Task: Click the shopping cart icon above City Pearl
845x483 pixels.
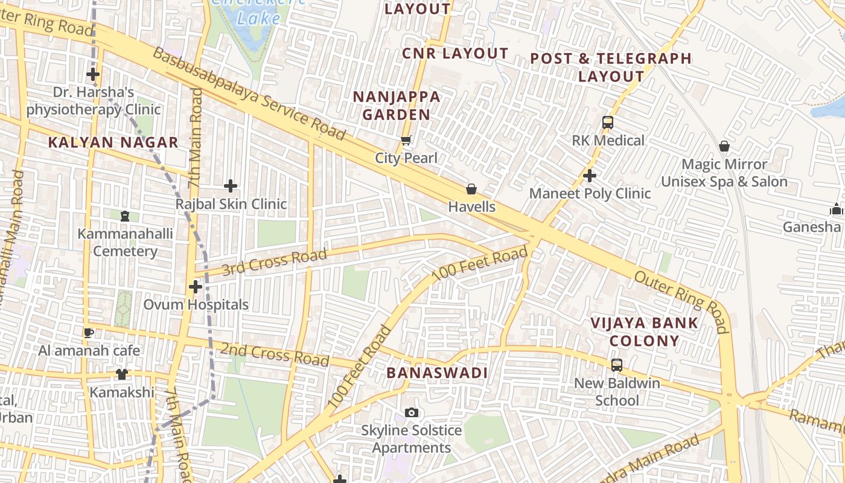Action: [406, 141]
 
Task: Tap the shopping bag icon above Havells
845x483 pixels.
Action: [471, 189]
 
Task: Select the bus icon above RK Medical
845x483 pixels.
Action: [608, 123]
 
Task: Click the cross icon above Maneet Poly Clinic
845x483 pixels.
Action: [590, 176]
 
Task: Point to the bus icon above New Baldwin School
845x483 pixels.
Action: [616, 365]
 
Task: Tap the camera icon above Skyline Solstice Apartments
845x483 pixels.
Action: [412, 413]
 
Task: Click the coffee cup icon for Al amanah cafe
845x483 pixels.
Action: [89, 333]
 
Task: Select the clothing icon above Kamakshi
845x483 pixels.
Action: [122, 374]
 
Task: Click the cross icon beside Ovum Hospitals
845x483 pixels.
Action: [195, 287]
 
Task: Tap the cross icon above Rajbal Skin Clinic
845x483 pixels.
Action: [231, 186]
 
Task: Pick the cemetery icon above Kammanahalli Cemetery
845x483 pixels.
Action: [125, 216]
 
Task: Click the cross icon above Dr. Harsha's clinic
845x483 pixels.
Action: [93, 75]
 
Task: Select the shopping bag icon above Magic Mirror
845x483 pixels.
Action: [724, 146]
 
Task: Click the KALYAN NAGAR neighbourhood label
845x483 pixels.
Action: [113, 142]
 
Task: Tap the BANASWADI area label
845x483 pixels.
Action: [437, 373]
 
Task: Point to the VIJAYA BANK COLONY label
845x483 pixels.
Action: [644, 331]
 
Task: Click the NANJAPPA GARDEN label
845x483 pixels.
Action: [397, 106]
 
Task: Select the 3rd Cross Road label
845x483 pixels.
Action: [266, 263]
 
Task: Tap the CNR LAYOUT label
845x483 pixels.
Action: [455, 54]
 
